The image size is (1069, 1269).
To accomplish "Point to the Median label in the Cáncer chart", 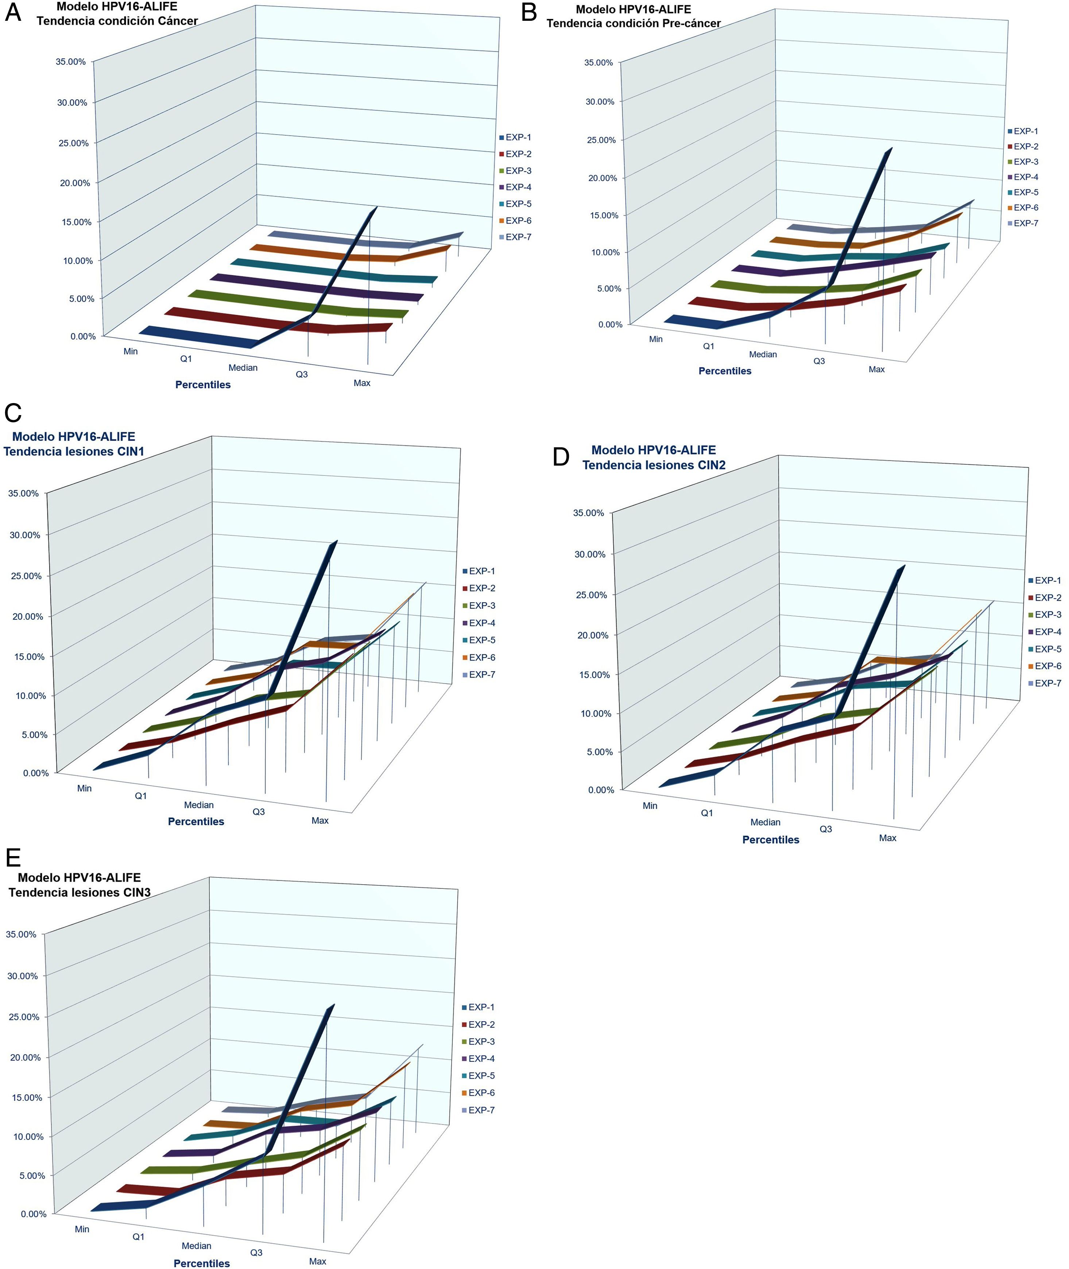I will point(243,368).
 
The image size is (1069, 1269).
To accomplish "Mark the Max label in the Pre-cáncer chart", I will point(876,369).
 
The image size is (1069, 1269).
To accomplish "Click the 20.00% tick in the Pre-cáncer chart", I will point(603,178).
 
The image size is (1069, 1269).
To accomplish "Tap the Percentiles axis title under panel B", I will point(725,371).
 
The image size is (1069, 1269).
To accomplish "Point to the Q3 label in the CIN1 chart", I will point(259,812).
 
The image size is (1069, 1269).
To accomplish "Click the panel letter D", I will point(561,457).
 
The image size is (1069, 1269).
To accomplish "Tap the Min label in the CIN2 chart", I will point(650,805).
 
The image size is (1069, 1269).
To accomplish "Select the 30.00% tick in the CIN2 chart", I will point(590,554).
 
